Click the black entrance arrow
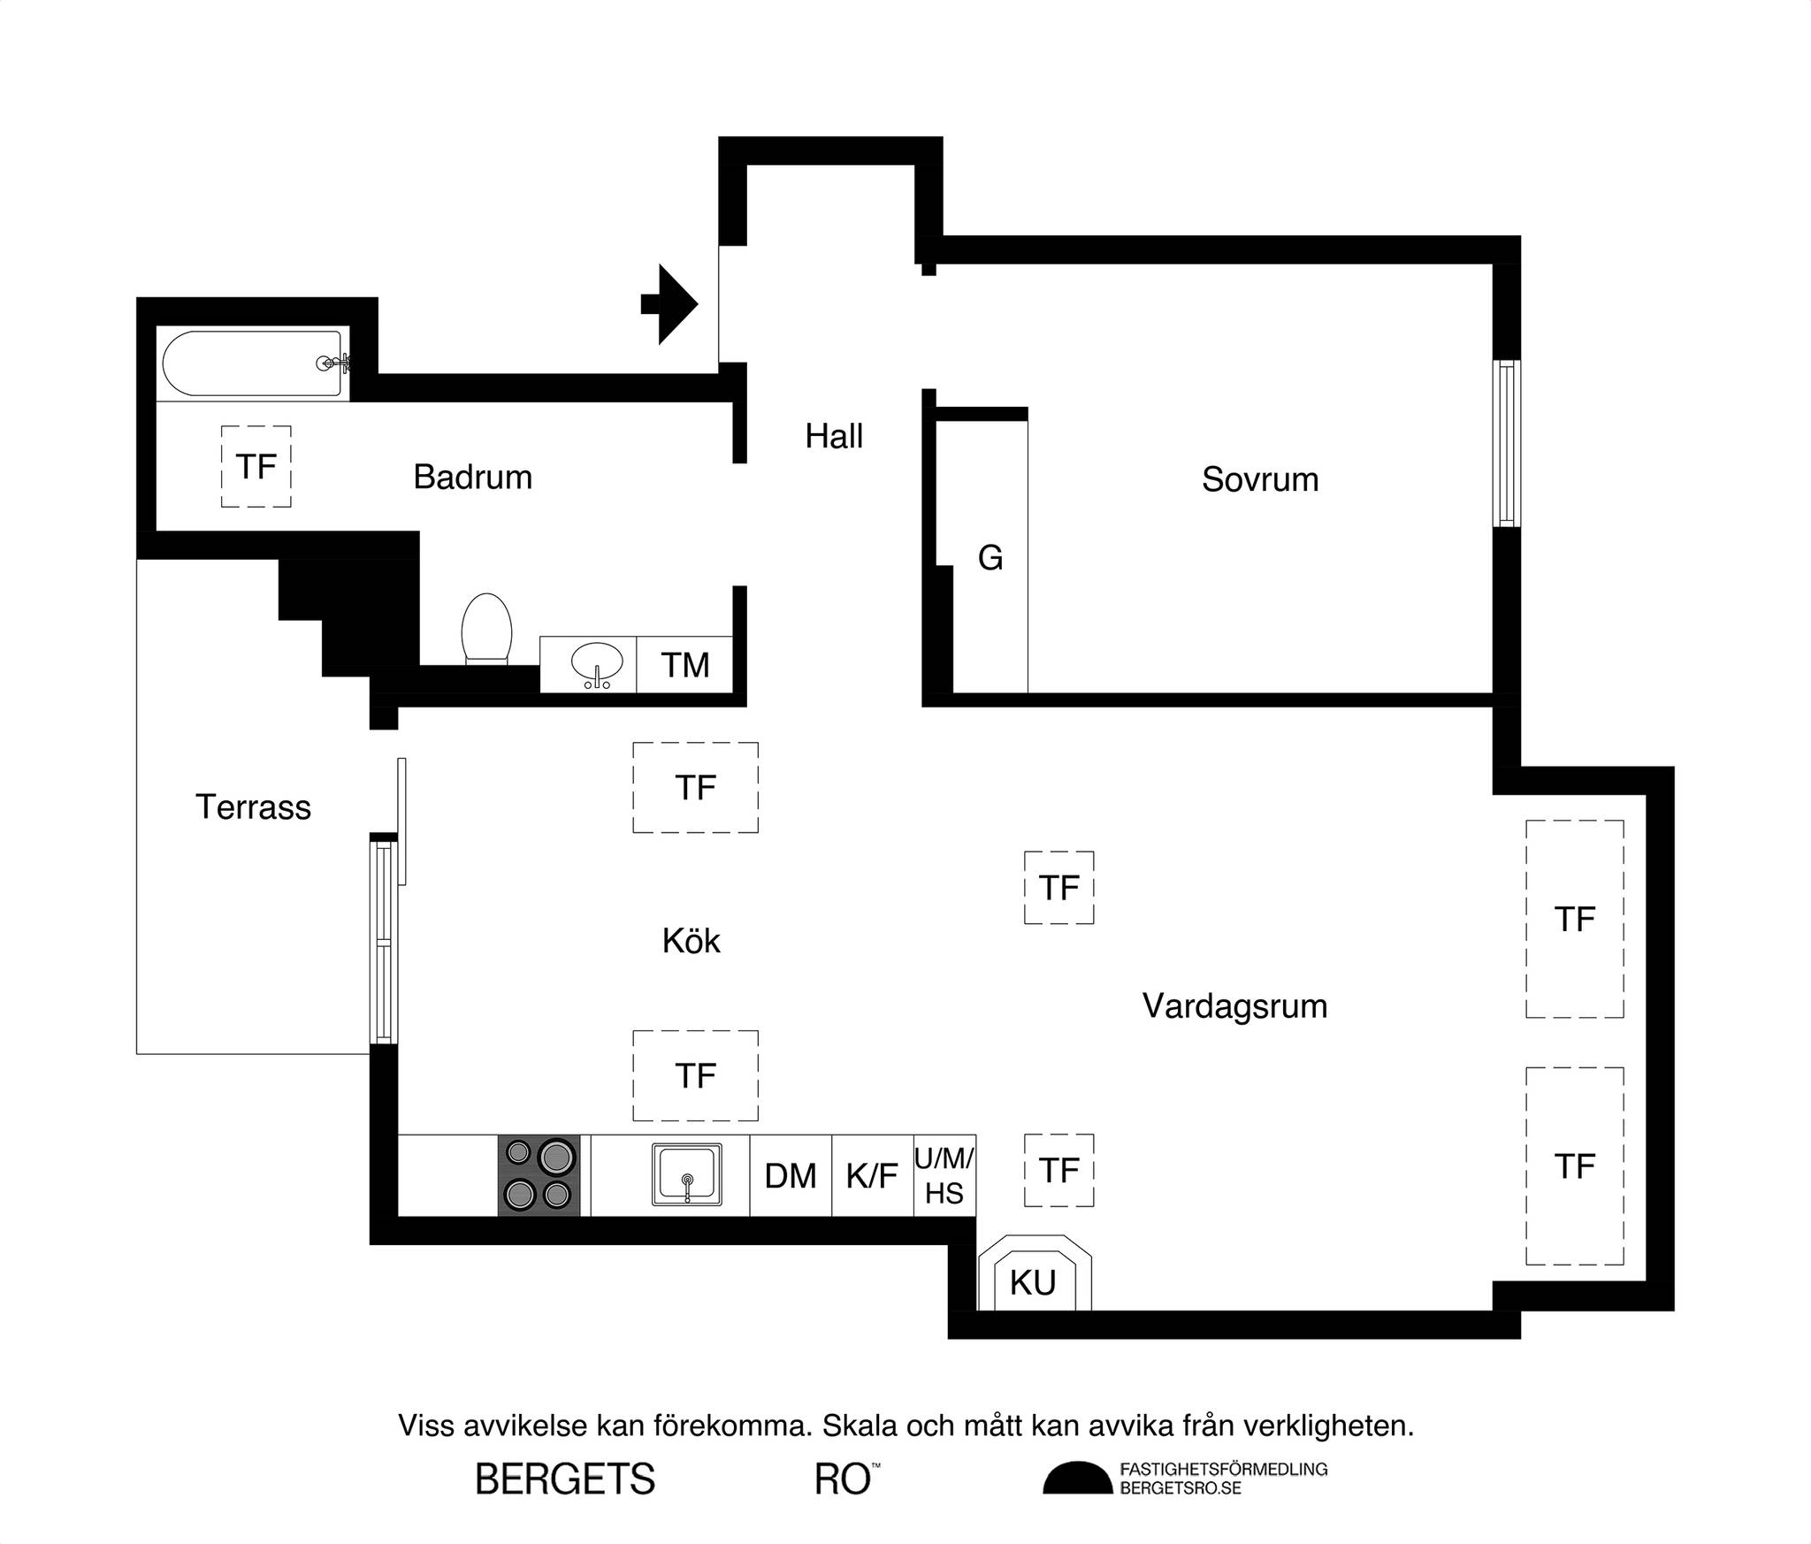[669, 304]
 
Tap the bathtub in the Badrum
[253, 363]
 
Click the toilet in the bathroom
[486, 628]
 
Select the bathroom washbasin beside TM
[597, 664]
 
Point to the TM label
[685, 665]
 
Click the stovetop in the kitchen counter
[539, 1175]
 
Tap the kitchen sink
[687, 1174]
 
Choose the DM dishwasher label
[791, 1176]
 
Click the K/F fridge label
[872, 1176]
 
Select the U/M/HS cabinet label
[944, 1175]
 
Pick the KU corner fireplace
[1034, 1273]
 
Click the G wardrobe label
[990, 558]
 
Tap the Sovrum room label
[1260, 479]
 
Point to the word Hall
[834, 436]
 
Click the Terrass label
[253, 807]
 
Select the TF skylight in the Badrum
[256, 467]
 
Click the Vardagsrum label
[1235, 1006]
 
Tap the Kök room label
[692, 941]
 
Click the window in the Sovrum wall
[1507, 443]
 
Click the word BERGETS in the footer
[565, 1479]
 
